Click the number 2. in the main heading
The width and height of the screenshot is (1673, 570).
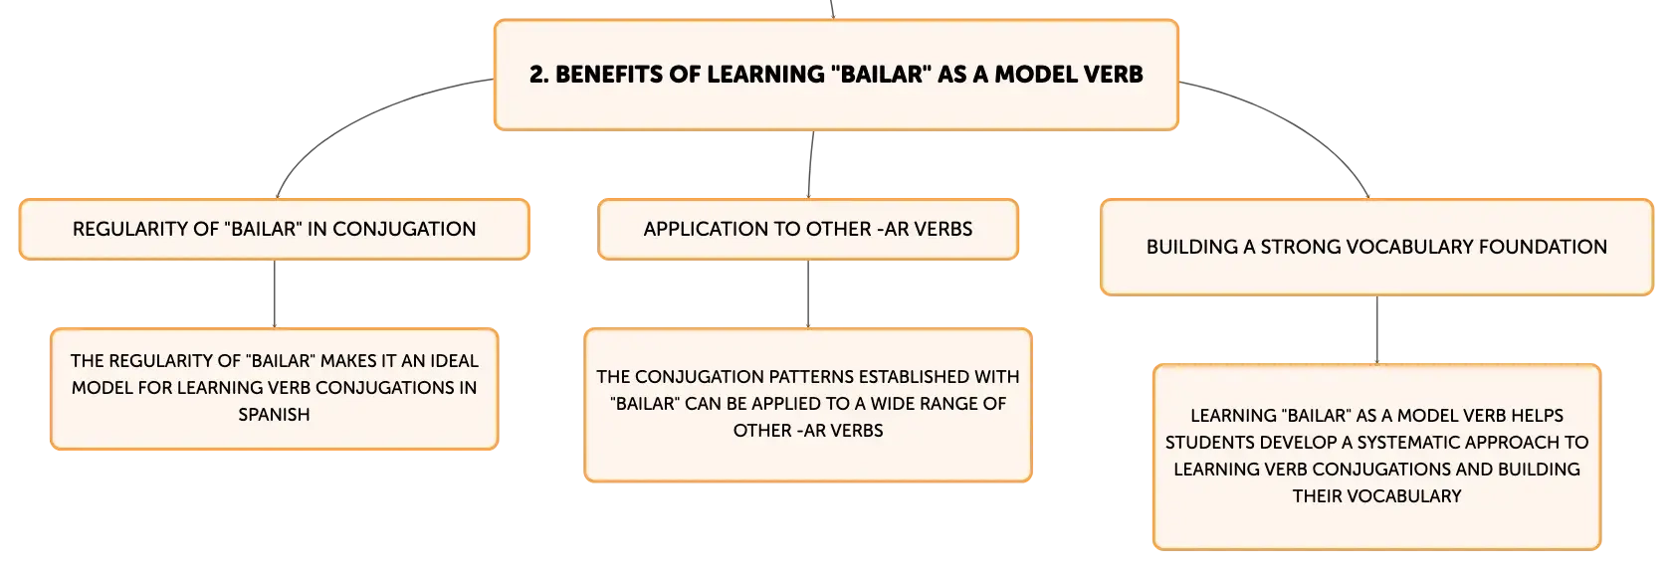point(538,75)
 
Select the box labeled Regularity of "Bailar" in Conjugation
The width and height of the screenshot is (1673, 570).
point(274,229)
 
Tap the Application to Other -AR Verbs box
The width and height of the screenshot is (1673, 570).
point(808,229)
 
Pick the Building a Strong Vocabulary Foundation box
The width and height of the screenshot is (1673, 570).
point(1376,247)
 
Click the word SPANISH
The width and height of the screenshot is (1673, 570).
point(274,415)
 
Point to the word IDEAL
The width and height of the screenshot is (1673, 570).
point(454,361)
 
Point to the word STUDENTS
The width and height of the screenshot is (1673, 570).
point(1210,443)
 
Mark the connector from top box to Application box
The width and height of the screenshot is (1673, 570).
point(810,165)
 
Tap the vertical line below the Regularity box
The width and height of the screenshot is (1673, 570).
point(274,294)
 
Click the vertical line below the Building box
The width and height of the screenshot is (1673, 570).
point(1377,330)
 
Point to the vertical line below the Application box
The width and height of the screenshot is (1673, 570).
point(808,294)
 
